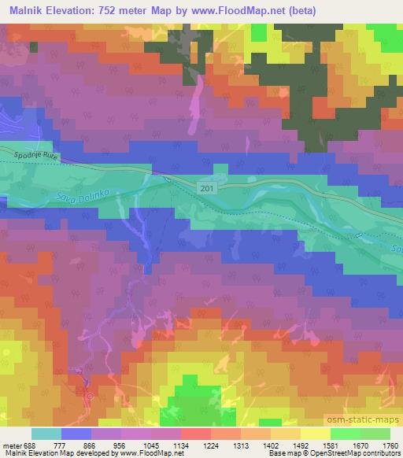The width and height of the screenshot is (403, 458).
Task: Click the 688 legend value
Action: click(30, 445)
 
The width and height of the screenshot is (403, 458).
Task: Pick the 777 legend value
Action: click(60, 445)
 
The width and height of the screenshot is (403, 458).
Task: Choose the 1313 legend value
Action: click(238, 445)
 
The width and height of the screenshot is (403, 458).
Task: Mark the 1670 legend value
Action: click(358, 445)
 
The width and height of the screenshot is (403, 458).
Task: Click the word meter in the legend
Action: click(10, 445)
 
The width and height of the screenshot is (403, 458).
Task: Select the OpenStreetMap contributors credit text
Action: click(356, 453)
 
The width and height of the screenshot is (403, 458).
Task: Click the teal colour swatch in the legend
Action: click(46, 434)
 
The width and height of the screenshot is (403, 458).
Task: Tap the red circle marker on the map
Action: click(89, 397)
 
